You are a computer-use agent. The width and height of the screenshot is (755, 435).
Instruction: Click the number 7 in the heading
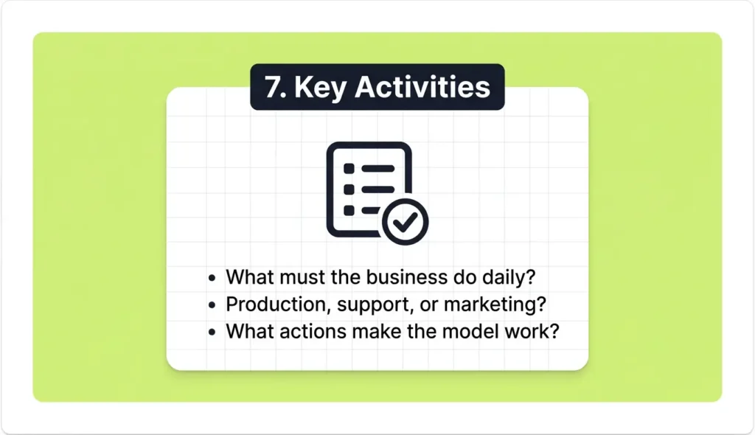[273, 87]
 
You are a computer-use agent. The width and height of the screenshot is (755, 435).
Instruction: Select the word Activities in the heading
[422, 87]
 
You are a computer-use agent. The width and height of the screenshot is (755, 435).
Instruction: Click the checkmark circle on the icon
[405, 220]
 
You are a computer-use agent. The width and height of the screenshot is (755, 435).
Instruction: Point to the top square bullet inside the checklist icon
[349, 169]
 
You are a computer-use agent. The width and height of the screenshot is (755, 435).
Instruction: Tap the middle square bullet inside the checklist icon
[349, 189]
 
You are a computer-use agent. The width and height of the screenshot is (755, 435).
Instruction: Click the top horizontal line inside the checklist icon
[376, 169]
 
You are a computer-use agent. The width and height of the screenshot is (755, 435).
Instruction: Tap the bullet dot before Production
[212, 305]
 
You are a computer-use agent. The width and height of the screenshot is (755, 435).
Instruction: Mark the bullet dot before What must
[212, 278]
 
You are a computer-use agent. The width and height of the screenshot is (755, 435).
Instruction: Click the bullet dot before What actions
[212, 332]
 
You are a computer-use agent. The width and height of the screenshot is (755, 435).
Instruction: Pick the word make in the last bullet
[373, 331]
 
